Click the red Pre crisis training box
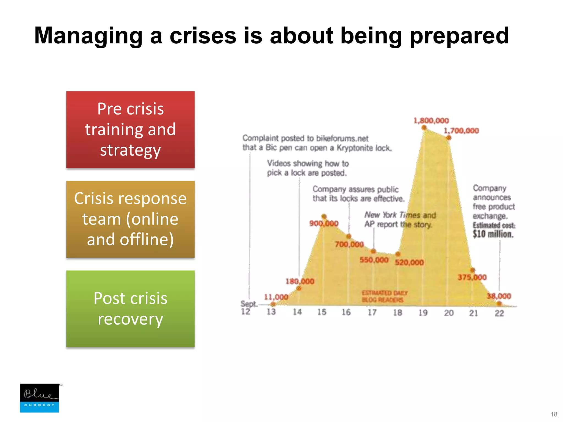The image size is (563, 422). point(130,130)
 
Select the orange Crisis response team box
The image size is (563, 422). point(130,219)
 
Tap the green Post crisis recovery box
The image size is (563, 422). point(130,309)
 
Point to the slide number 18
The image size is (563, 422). point(554,414)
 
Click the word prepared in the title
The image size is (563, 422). point(459,36)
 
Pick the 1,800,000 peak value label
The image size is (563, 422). point(431,121)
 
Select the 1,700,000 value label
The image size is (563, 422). point(461,131)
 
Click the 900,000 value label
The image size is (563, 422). point(324,223)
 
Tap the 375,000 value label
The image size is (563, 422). point(472,277)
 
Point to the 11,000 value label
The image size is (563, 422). point(276,297)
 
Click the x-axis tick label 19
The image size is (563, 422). point(423,313)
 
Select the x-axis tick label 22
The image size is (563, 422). point(499,313)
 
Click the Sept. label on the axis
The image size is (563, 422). point(249,304)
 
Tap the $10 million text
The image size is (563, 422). point(493,234)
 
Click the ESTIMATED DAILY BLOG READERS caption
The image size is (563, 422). point(384,296)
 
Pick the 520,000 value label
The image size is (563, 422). point(409,262)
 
